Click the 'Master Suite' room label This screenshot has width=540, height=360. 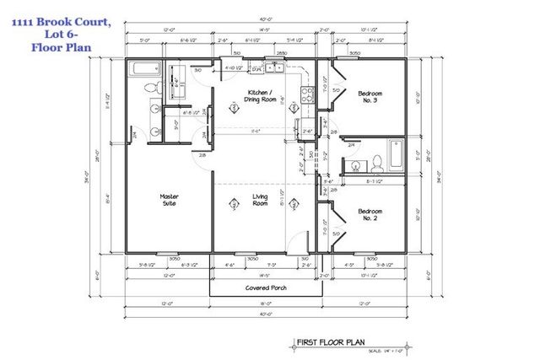tap(169, 201)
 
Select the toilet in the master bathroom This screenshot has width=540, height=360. tap(150, 88)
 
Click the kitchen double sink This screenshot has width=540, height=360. tap(273, 68)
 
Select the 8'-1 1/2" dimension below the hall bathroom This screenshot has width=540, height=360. tap(372, 180)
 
